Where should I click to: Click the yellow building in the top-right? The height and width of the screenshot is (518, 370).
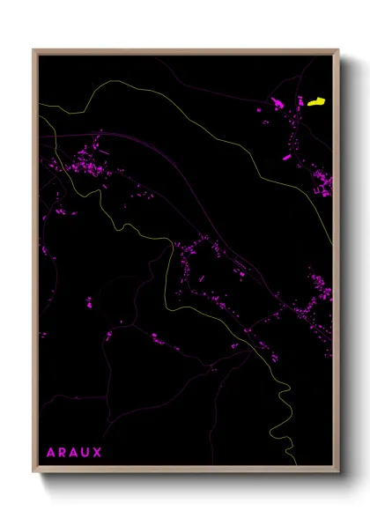(x=316, y=102)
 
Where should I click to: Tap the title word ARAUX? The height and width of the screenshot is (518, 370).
(x=74, y=453)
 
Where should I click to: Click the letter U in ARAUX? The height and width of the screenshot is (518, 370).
(x=85, y=453)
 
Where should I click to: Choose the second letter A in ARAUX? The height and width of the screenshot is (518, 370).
(x=74, y=453)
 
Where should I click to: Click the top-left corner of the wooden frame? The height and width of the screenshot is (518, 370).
(x=33, y=50)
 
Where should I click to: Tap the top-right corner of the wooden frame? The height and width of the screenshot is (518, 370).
(x=338, y=50)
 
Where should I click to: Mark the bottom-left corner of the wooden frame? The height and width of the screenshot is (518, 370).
(x=33, y=473)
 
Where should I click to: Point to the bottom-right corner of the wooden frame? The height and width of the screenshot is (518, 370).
(x=338, y=473)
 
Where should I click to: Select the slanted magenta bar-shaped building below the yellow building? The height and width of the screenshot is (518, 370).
(x=286, y=157)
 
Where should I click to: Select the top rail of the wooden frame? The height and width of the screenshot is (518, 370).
(x=186, y=51)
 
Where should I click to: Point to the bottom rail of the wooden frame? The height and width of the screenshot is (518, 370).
(x=186, y=471)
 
